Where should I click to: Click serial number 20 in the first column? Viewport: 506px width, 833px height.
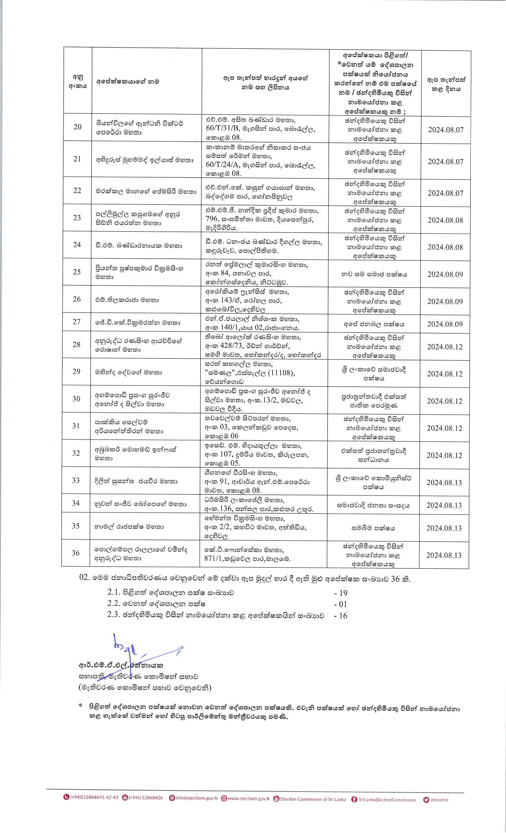[78, 127]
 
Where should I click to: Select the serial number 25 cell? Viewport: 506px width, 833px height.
[77, 272]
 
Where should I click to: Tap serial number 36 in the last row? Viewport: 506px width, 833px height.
[76, 553]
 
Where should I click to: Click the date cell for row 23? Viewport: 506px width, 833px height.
[445, 220]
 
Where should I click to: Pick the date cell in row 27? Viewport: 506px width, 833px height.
[445, 324]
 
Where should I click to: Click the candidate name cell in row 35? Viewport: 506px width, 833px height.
[129, 527]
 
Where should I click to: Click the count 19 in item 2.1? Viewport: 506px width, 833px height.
[341, 593]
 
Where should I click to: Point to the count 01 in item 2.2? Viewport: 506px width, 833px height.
[341, 605]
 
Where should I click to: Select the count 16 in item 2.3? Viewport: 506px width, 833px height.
[341, 616]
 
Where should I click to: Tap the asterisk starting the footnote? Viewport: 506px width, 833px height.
[81, 706]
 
